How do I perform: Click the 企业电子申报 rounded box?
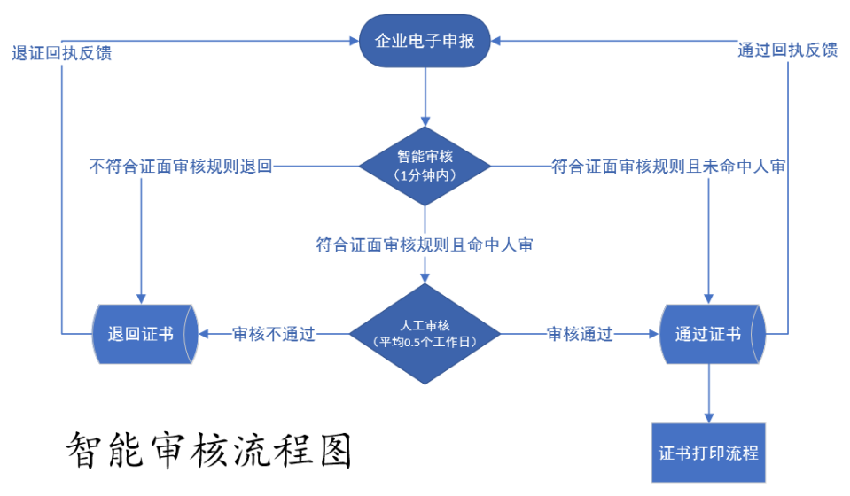click(425, 40)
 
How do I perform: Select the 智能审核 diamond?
click(425, 166)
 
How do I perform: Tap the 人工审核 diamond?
click(425, 333)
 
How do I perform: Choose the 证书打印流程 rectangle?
click(708, 453)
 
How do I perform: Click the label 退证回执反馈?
click(61, 52)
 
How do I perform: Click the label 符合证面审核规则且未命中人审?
click(667, 166)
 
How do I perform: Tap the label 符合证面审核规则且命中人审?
click(425, 244)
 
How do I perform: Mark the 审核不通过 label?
click(274, 334)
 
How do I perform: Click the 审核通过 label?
click(580, 334)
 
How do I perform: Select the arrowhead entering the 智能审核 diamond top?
click(425, 120)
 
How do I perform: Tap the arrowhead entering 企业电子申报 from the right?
click(498, 40)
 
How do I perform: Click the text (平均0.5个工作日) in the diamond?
click(425, 341)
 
